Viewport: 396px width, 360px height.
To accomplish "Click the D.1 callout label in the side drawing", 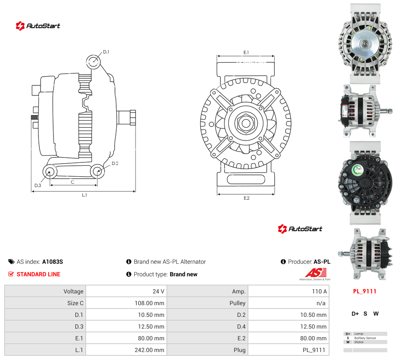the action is pos(106,52).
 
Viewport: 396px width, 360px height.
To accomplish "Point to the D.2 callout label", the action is pos(115,163).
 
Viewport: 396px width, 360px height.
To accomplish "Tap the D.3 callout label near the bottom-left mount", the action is pos(38,185).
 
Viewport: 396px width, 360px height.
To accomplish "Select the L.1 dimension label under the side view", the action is pos(84,195).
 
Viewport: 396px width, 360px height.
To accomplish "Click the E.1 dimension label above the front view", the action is pos(246,52).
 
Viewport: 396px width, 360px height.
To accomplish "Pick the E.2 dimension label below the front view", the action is pos(246,198).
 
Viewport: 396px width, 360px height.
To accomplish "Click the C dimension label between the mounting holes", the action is pos(72,182).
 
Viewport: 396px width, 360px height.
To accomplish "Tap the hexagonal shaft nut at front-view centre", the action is pos(245,123).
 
